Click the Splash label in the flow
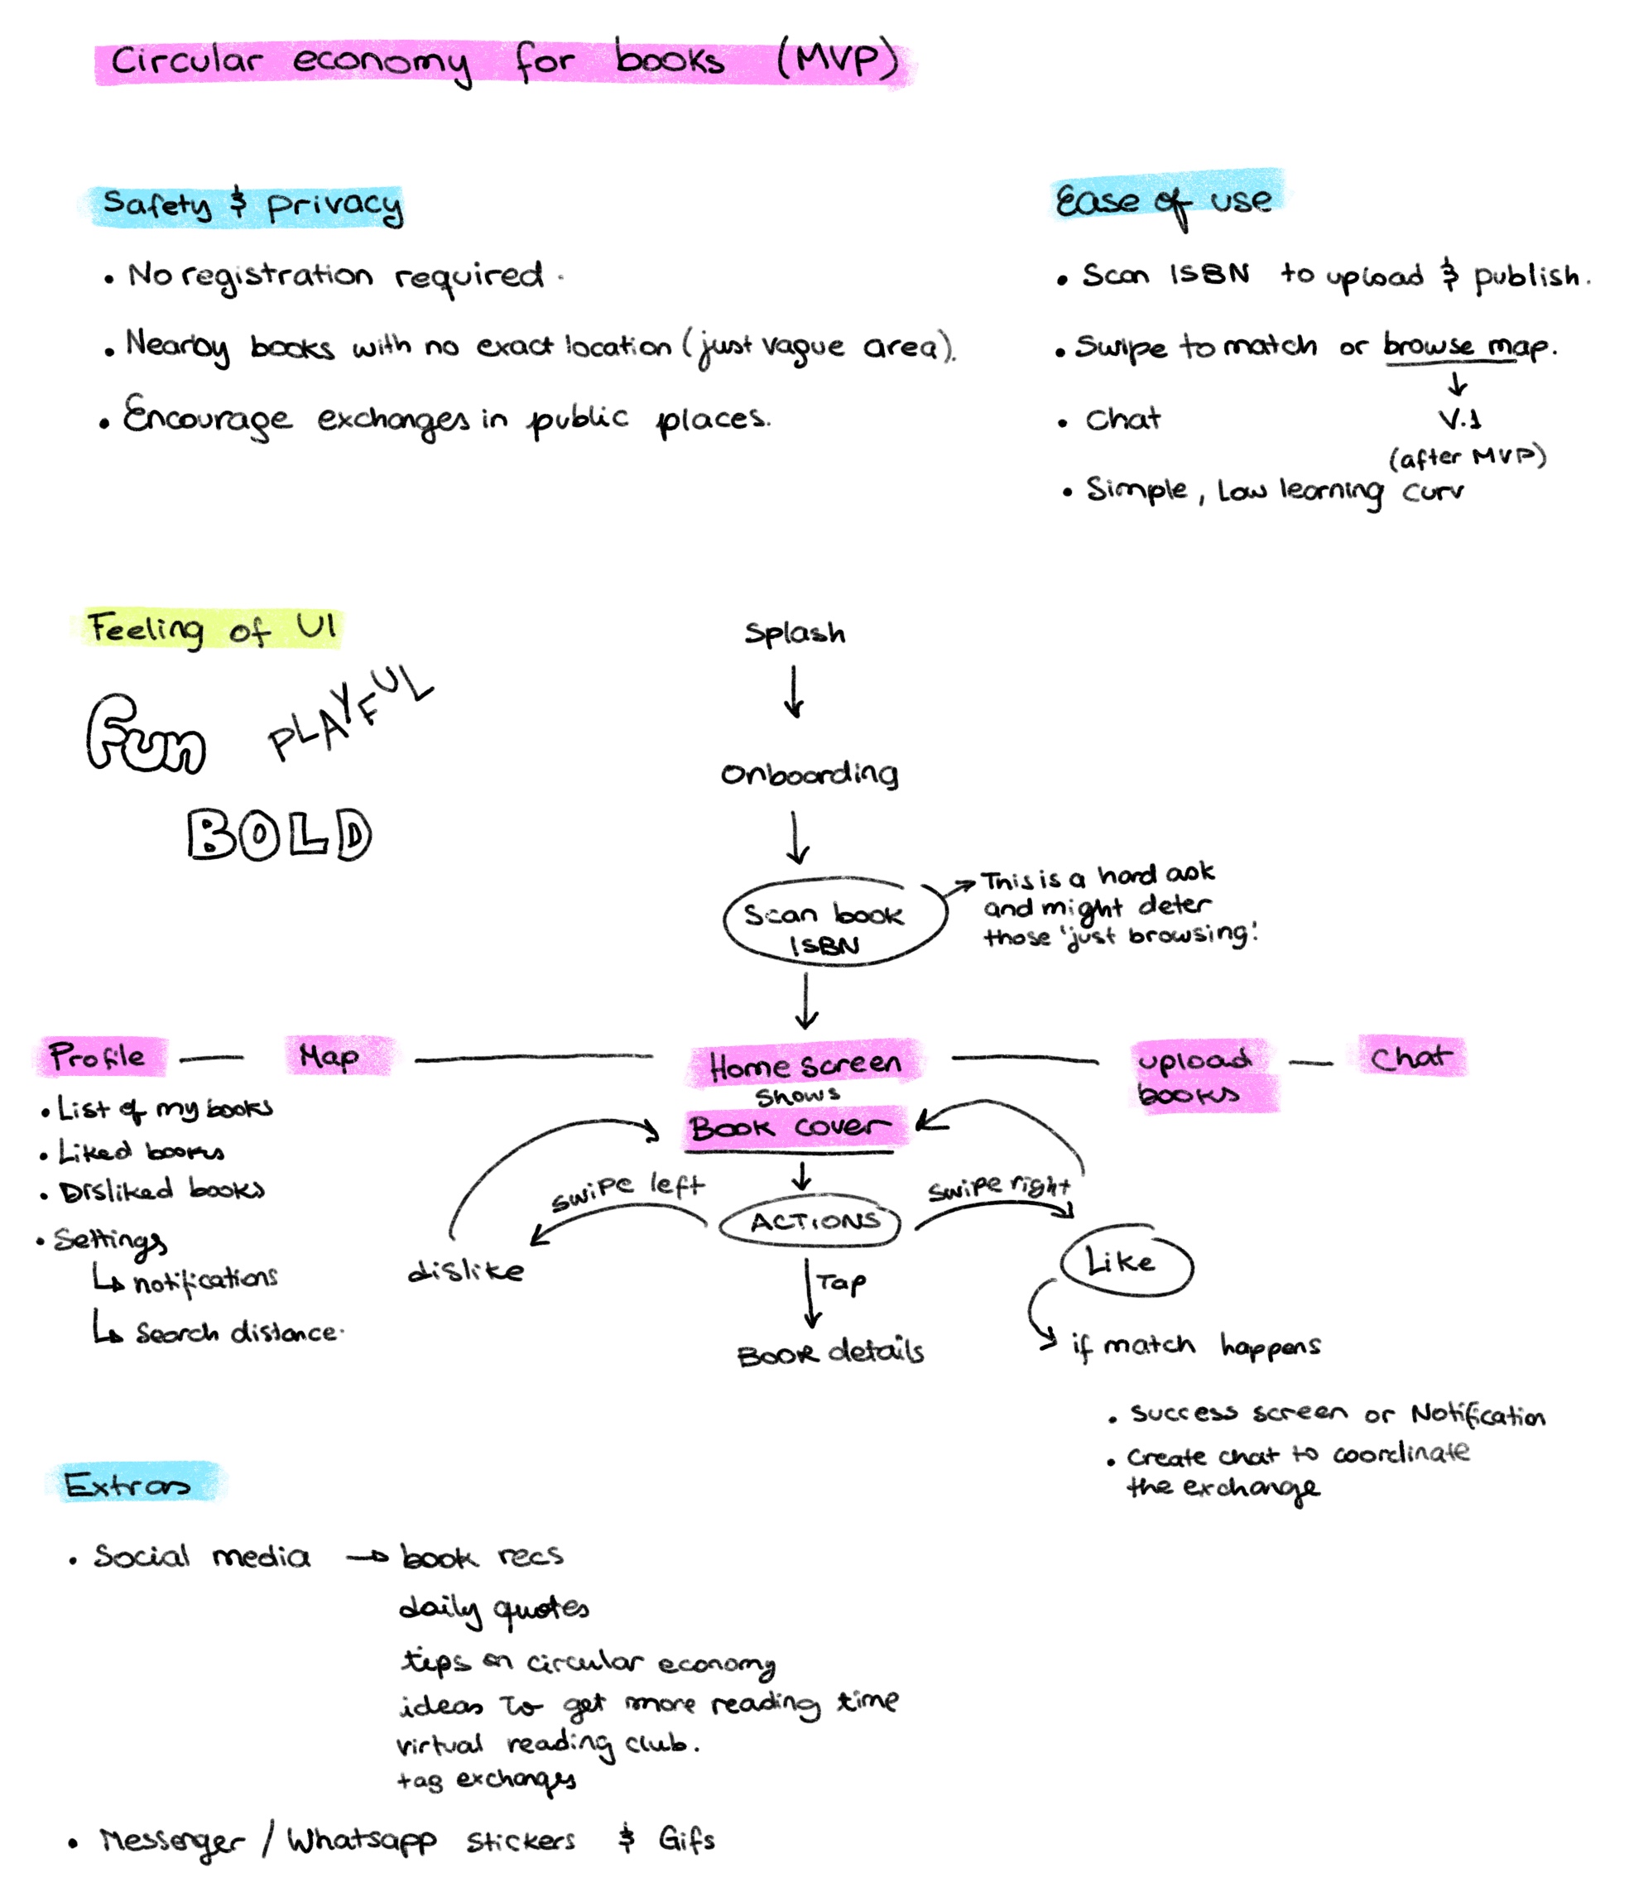[x=794, y=632]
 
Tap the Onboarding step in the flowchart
[x=810, y=775]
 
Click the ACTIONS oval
[x=811, y=1221]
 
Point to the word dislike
[x=465, y=1270]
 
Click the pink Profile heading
[x=99, y=1057]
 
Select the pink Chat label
[x=1410, y=1058]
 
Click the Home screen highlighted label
[x=805, y=1064]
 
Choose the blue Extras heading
[x=128, y=1484]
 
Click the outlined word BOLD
[x=279, y=834]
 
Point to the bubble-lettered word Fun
[x=146, y=735]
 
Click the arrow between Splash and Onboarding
[x=795, y=692]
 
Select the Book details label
[x=829, y=1353]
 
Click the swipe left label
[x=627, y=1189]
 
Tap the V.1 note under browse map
[x=1458, y=420]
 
